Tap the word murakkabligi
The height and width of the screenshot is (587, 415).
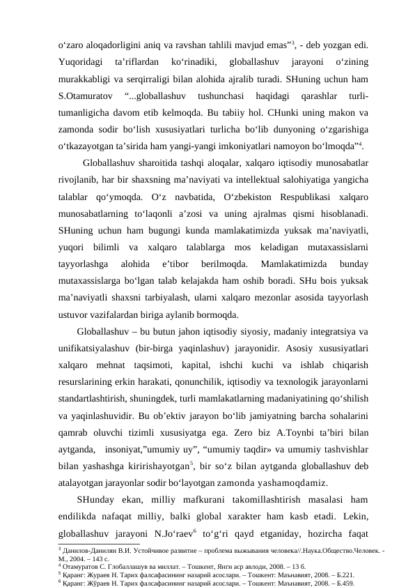pos(86,79)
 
